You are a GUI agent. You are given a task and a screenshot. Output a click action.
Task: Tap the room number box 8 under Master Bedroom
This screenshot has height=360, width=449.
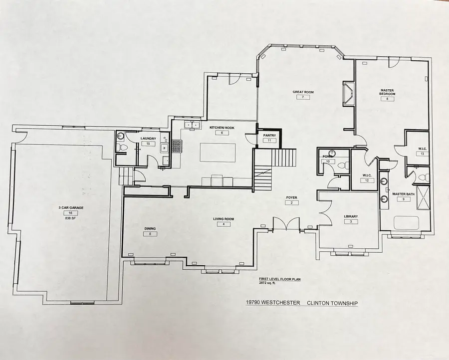387,99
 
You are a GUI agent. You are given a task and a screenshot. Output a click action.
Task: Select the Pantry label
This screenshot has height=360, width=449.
269,135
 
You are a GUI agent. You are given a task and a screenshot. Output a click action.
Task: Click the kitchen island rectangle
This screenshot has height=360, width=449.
218,152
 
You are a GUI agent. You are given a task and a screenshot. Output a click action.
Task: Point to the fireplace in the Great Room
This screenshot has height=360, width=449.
348,94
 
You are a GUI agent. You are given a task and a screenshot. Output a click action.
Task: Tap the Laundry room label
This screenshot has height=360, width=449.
148,138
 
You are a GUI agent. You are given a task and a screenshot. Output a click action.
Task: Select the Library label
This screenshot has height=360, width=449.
351,216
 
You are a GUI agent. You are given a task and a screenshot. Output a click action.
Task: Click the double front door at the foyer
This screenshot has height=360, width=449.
286,224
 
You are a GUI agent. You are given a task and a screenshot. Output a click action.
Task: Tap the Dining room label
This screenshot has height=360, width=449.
150,229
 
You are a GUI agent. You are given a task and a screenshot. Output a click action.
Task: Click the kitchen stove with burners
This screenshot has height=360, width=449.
176,146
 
